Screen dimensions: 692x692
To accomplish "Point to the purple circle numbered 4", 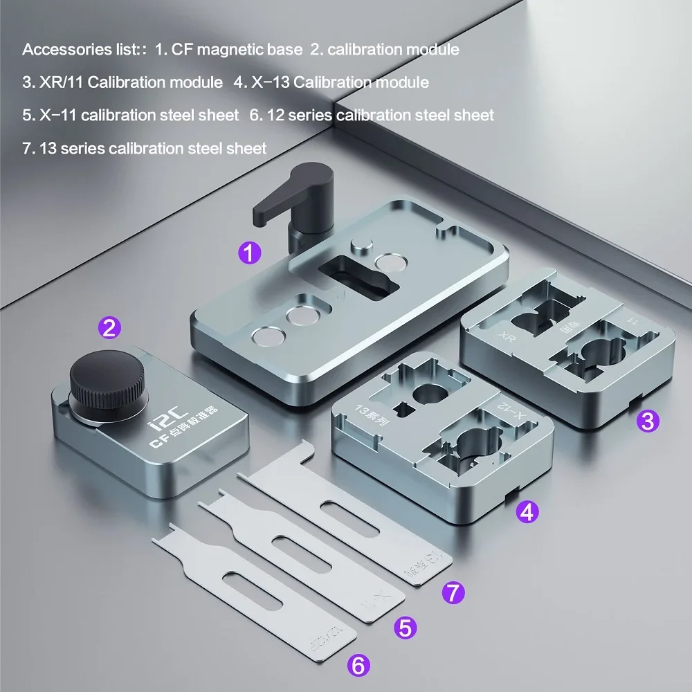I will coord(527,512).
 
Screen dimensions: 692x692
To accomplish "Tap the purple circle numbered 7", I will coord(453,592).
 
